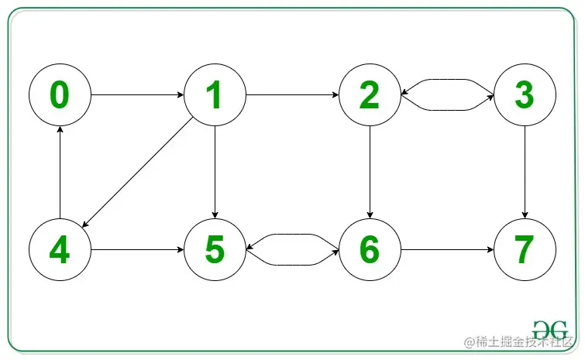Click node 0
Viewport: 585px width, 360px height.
click(x=60, y=95)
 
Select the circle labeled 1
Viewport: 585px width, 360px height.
click(x=215, y=95)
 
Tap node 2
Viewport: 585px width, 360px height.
click(x=370, y=95)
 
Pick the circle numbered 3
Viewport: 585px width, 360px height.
click(x=525, y=95)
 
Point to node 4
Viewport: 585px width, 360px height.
click(x=60, y=250)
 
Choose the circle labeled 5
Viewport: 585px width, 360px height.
click(x=215, y=250)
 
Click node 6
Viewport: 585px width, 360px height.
click(x=370, y=250)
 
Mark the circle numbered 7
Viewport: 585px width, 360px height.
click(x=525, y=250)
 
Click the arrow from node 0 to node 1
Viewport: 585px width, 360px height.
click(x=137, y=95)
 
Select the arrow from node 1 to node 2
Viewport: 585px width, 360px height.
click(x=292, y=95)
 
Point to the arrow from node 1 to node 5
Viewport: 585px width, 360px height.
click(x=215, y=173)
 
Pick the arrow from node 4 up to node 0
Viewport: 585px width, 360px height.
click(x=60, y=173)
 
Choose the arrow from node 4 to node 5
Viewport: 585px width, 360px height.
click(x=137, y=250)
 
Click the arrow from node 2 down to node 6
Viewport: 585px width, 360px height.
click(x=370, y=173)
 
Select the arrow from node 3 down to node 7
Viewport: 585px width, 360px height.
click(x=525, y=173)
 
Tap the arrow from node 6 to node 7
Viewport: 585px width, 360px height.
click(x=447, y=250)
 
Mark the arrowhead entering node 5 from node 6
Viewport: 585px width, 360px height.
click(x=249, y=249)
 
